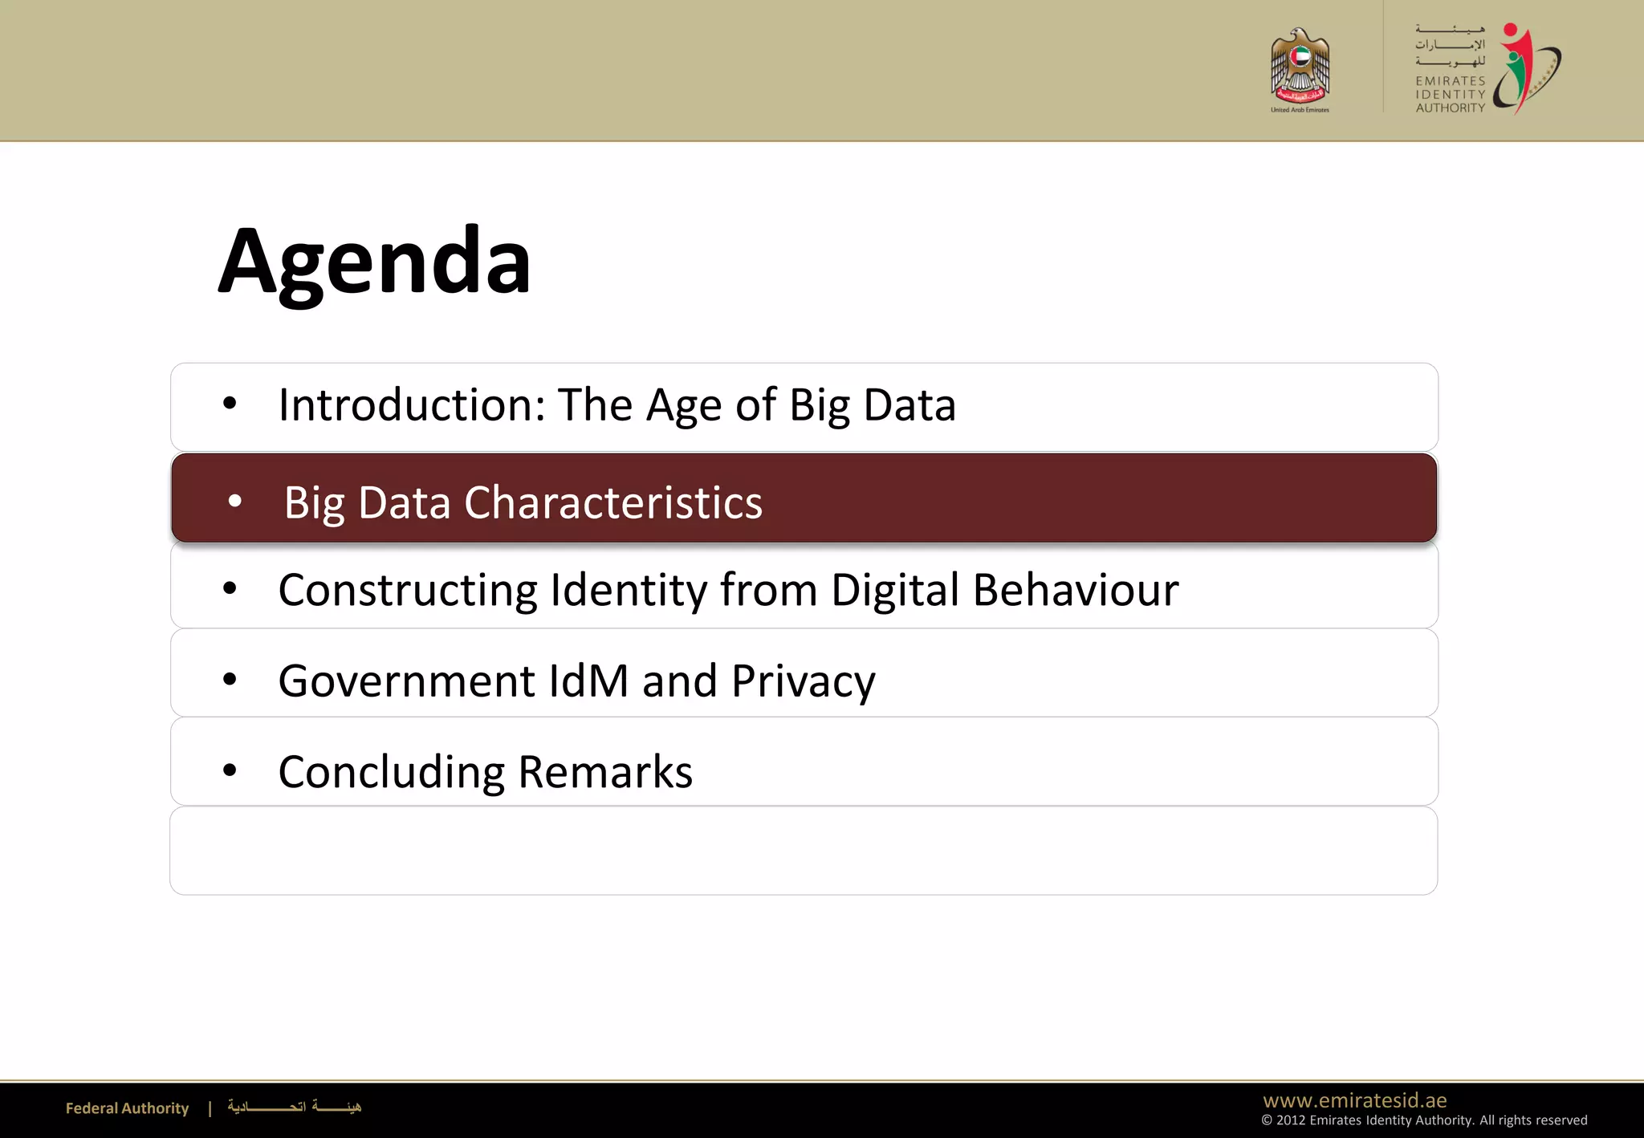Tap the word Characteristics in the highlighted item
coord(613,503)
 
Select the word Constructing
coord(407,591)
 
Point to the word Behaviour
coord(1076,591)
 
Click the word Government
coord(406,681)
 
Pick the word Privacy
coord(803,682)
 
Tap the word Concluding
coord(391,773)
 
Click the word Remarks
coord(605,772)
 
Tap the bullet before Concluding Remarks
coord(230,770)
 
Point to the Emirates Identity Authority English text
coord(1450,95)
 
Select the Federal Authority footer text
coord(127,1108)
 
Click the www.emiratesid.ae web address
coord(1355,1100)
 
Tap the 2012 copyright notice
coord(1424,1120)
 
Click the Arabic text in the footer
coord(294,1107)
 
